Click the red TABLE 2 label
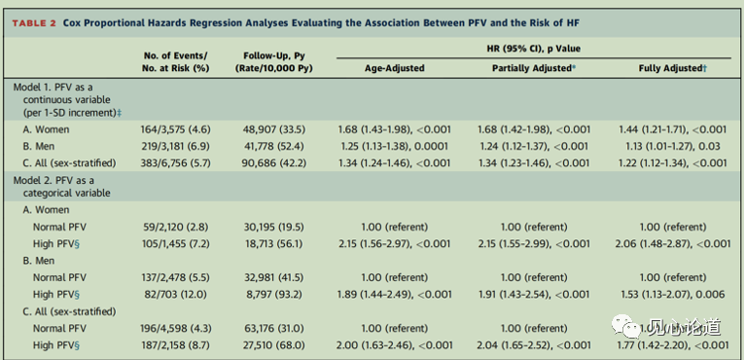(34, 22)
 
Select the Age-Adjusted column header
(394, 68)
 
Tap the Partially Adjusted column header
(534, 68)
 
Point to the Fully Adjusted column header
(672, 68)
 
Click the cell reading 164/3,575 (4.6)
(175, 129)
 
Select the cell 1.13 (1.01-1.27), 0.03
(672, 146)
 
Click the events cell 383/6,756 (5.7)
(175, 163)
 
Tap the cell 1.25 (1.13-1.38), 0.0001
(394, 146)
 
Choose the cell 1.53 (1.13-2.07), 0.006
(672, 295)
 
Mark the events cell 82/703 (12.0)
(175, 295)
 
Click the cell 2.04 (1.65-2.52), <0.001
(534, 345)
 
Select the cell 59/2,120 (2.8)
(175, 227)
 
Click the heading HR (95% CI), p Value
(534, 49)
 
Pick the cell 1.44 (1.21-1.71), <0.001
(672, 129)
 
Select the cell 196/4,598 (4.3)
(175, 328)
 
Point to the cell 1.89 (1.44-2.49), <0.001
(394, 295)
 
